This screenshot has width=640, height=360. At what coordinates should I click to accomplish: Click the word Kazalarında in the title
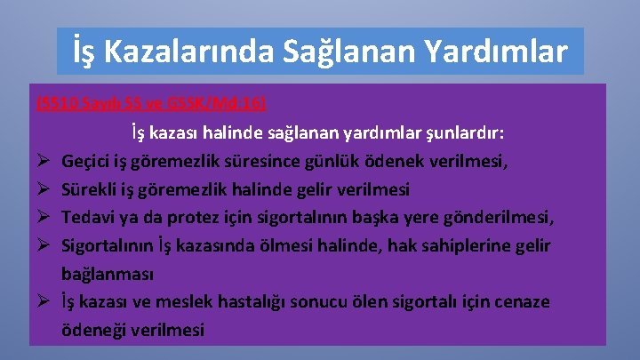pyautogui.click(x=200, y=52)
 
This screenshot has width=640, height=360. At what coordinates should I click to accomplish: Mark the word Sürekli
pyautogui.click(x=88, y=190)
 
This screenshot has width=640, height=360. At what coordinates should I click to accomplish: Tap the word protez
pyautogui.click(x=184, y=219)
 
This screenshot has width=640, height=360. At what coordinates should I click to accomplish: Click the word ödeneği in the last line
pyautogui.click(x=93, y=329)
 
